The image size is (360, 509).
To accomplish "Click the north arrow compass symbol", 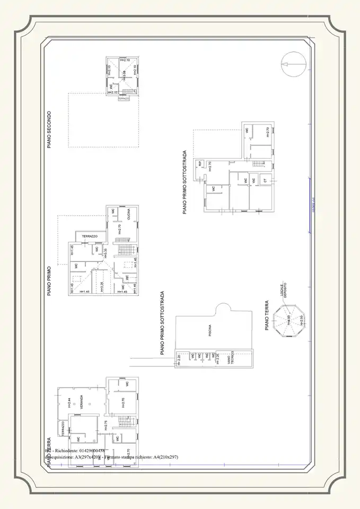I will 293,64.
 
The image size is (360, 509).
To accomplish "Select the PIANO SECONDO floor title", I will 49,129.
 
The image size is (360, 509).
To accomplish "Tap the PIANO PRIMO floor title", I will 49,280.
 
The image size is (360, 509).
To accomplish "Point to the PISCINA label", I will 210,330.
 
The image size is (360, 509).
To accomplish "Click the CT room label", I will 265,181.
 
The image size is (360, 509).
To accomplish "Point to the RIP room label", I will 200,163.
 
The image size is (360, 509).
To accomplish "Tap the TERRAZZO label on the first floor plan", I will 90,236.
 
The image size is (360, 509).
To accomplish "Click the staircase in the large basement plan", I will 258,164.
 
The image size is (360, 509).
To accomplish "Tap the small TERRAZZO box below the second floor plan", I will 124,99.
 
